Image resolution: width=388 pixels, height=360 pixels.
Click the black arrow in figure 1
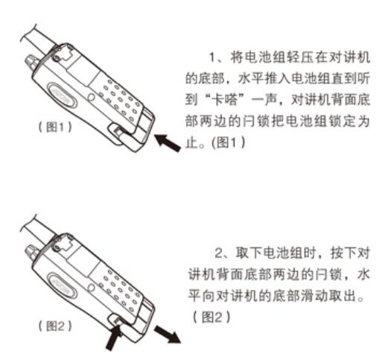(x=168, y=143)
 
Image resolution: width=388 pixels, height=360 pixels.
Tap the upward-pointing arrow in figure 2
(x=114, y=338)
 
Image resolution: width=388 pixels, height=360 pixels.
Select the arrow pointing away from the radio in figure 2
(x=168, y=335)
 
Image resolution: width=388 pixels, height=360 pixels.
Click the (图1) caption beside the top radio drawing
(x=55, y=127)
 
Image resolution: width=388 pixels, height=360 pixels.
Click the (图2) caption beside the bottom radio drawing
(x=55, y=326)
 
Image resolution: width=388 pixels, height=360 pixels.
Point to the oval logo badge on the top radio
(x=63, y=95)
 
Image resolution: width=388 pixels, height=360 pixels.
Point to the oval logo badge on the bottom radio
(x=63, y=285)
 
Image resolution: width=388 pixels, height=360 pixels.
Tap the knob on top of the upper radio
(x=31, y=62)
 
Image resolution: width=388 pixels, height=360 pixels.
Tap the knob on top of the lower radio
(x=31, y=252)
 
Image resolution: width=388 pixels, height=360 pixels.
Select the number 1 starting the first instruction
(x=212, y=57)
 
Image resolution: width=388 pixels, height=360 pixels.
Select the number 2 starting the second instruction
(x=219, y=253)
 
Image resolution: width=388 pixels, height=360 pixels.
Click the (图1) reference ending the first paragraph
(x=228, y=142)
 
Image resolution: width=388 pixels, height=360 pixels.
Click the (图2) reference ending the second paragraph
(x=212, y=318)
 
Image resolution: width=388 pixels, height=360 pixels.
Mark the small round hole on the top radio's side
(x=92, y=97)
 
